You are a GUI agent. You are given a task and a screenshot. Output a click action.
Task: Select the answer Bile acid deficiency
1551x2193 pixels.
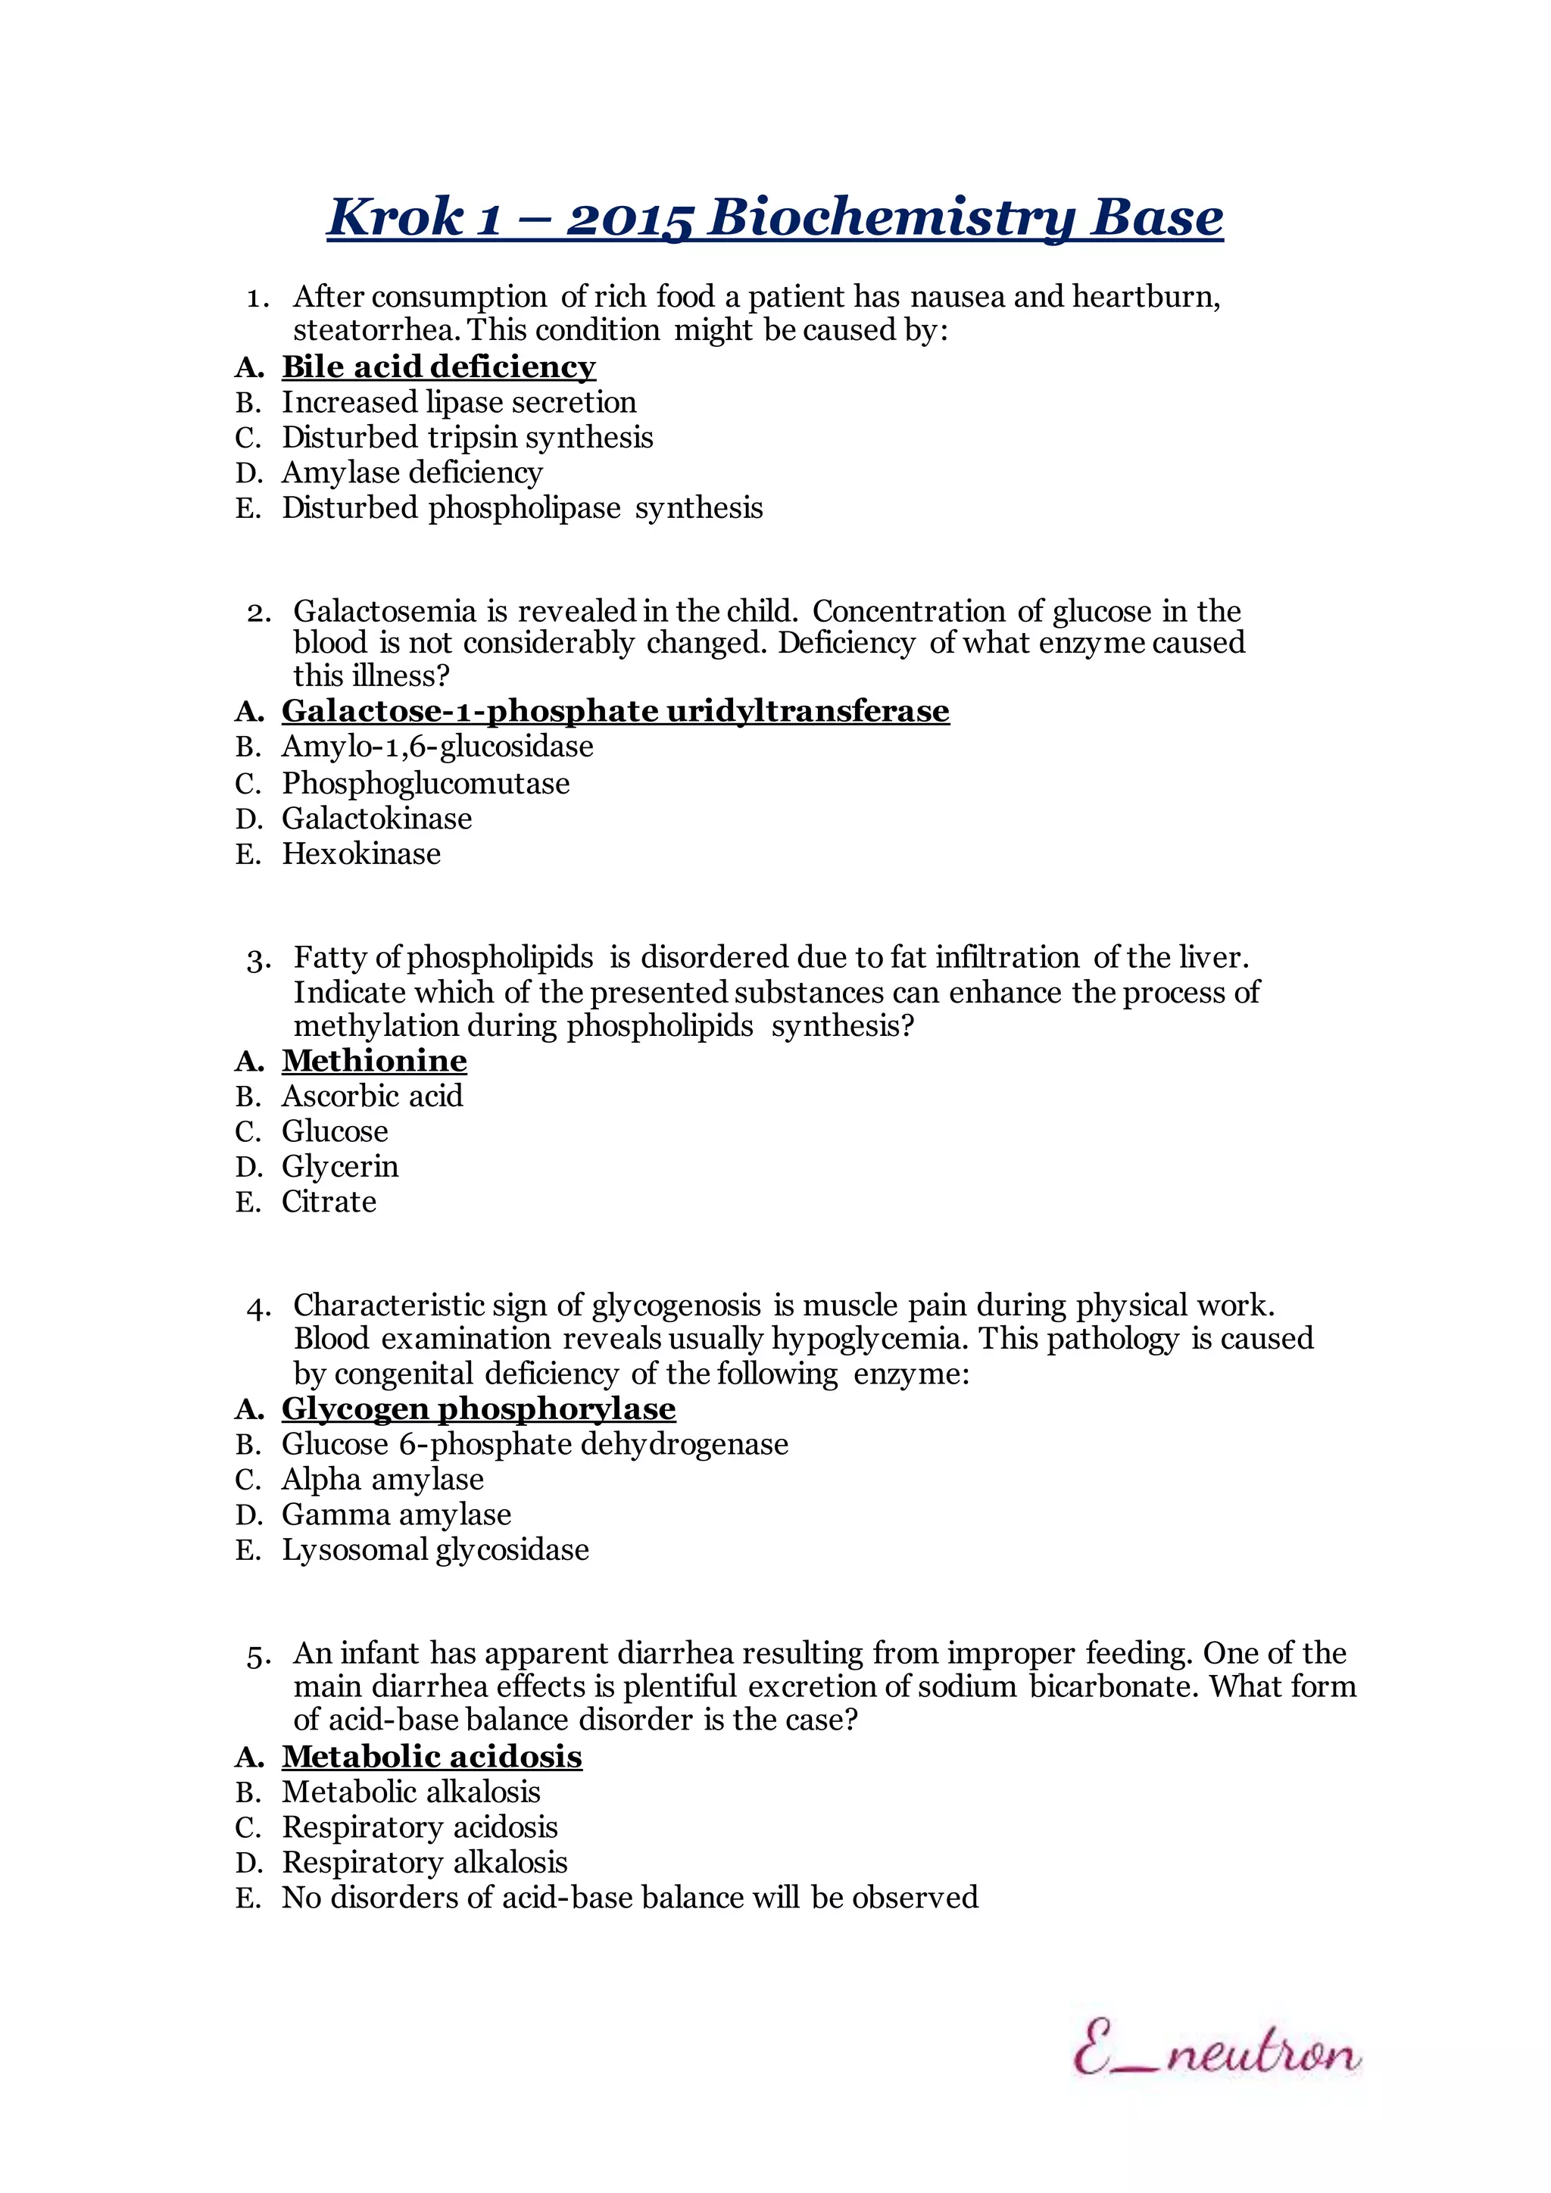pos(438,367)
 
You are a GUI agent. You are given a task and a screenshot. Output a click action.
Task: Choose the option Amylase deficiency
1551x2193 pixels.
pos(412,472)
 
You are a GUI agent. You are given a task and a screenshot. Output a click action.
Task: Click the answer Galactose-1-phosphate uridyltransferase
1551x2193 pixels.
pos(615,710)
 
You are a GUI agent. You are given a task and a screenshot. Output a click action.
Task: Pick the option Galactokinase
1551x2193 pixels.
pos(376,819)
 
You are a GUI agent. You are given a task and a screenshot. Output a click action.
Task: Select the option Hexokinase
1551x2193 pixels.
pos(361,854)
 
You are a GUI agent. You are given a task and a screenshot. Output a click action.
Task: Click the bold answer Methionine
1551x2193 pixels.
pos(373,1060)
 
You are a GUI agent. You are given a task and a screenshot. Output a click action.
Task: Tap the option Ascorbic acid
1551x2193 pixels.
pos(372,1096)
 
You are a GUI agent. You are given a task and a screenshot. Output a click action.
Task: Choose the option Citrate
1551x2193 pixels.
pos(329,1202)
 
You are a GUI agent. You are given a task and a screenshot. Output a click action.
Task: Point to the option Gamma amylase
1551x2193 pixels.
pos(396,1515)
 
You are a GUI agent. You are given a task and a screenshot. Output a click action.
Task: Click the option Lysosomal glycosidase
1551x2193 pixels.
pos(435,1549)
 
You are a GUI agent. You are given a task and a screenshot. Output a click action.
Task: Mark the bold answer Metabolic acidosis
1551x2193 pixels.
pos(432,1757)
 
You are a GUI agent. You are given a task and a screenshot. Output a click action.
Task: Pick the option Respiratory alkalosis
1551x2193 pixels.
pos(424,1863)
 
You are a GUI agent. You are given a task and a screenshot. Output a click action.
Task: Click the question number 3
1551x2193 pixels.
pos(256,959)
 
